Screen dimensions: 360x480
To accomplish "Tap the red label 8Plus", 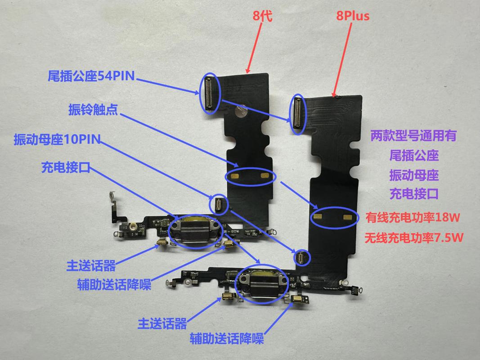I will click(x=353, y=17).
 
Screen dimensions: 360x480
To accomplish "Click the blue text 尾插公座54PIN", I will click(x=91, y=76).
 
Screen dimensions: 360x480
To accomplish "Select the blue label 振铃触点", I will click(x=93, y=110).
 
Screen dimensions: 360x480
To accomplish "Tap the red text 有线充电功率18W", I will click(x=413, y=218).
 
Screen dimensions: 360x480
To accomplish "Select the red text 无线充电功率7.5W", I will click(x=414, y=237).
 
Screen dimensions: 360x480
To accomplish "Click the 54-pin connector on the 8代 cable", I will click(x=209, y=93).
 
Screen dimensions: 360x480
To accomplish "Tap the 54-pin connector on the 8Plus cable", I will click(x=297, y=115).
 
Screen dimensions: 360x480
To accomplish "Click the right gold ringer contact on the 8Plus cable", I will click(x=347, y=217).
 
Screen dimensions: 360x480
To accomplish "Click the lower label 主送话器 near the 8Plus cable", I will click(x=162, y=323).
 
